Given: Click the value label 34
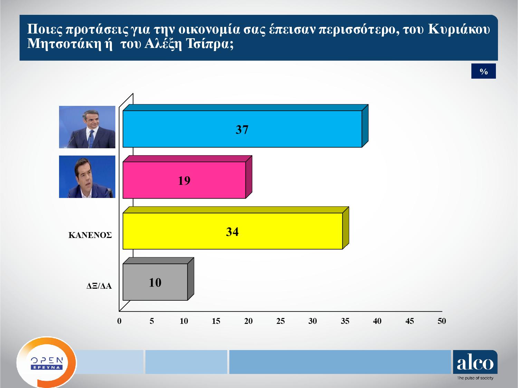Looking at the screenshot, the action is [x=232, y=231].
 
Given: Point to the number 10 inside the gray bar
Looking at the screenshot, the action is [x=155, y=282].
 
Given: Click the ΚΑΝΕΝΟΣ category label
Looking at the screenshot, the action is [x=90, y=235].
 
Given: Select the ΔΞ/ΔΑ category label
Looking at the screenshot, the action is [x=99, y=286].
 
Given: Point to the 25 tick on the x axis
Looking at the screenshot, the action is [x=280, y=321].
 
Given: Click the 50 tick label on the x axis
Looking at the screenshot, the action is [x=442, y=321].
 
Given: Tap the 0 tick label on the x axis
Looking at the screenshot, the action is [x=119, y=321].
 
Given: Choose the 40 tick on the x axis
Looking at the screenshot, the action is [x=377, y=321].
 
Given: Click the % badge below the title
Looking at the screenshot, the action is [x=483, y=71].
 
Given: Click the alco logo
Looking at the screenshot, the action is [x=475, y=362].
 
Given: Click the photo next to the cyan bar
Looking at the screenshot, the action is [x=87, y=127].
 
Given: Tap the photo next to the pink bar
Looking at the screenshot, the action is [x=87, y=177].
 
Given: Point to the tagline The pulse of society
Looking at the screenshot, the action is [x=475, y=378].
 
